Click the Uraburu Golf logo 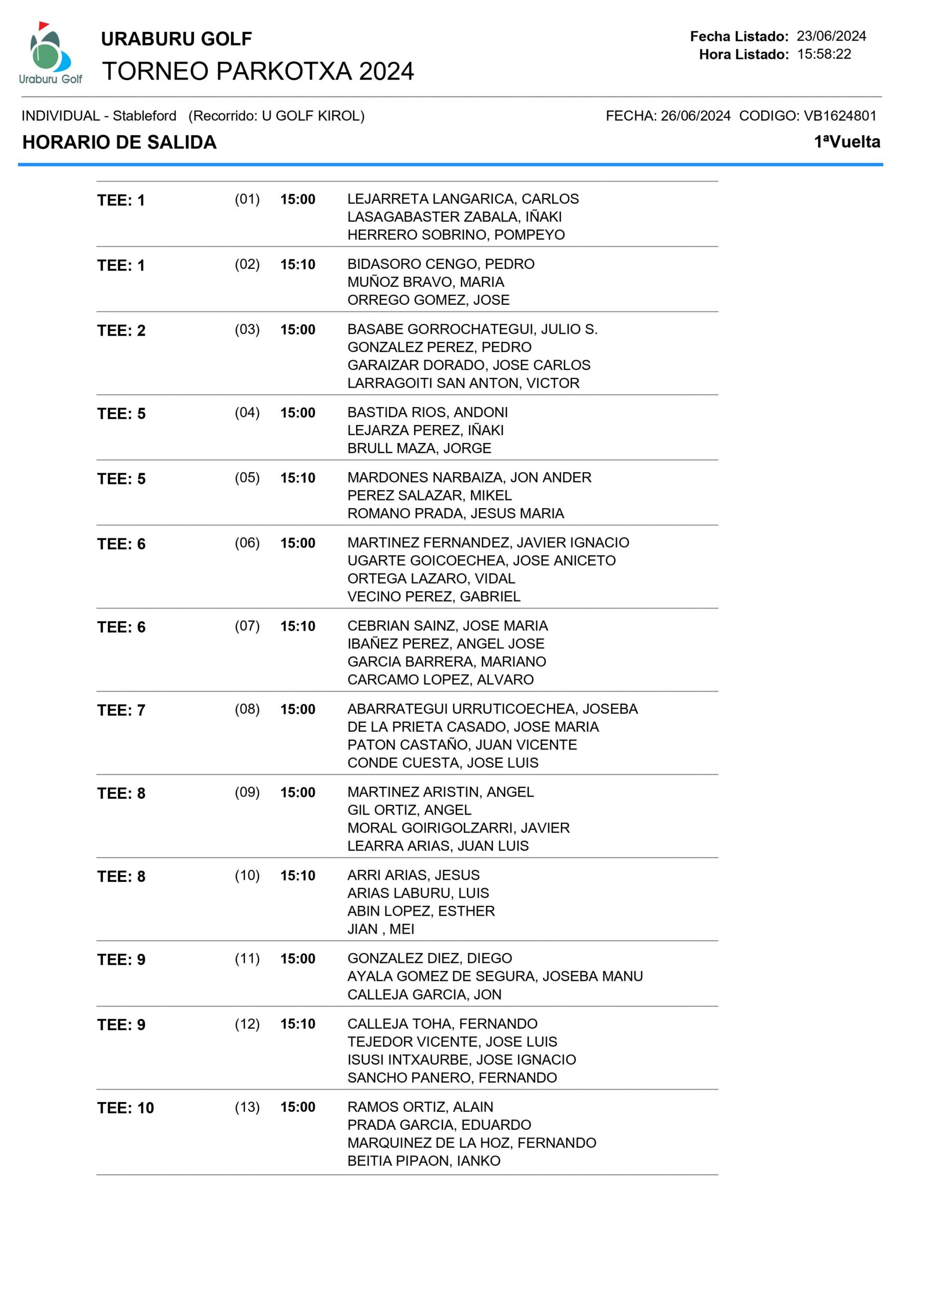[50, 54]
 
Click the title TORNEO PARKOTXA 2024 [258, 71]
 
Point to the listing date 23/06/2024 [831, 36]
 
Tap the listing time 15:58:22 [824, 54]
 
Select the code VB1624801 [840, 115]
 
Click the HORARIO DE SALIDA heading [119, 142]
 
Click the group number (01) [247, 199]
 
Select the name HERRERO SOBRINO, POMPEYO [456, 235]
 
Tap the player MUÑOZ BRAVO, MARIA [425, 282]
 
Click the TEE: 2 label [121, 330]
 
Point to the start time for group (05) [298, 478]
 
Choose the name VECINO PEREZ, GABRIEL [433, 596]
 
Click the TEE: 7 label [121, 710]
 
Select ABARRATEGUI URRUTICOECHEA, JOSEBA [492, 709]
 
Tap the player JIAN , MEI [380, 929]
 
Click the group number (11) [247, 959]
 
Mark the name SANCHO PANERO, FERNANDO [452, 1078]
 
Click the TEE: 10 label [125, 1108]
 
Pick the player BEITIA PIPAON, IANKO [423, 1161]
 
